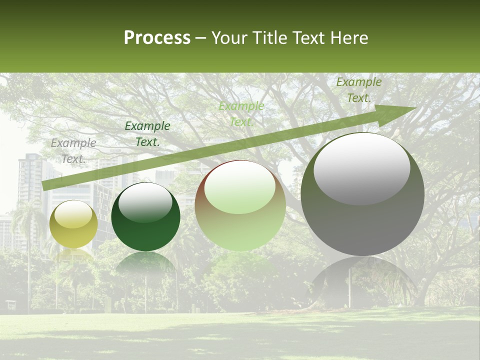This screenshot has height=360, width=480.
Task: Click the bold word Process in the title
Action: coord(157,38)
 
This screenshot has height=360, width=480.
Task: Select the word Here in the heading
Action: coord(350,38)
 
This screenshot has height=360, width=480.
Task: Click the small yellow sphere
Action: coord(73,225)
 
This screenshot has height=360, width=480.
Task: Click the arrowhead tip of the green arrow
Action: coord(414,108)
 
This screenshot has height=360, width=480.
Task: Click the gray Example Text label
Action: coord(73,150)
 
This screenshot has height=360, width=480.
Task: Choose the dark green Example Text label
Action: coord(147,133)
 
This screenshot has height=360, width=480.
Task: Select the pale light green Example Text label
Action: coord(241,113)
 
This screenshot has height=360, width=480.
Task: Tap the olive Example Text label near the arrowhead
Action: coord(358,89)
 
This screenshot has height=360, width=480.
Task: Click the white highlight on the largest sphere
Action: coord(361,167)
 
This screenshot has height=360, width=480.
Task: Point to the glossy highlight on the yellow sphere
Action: coord(73,214)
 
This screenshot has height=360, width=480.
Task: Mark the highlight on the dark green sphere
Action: coord(145,203)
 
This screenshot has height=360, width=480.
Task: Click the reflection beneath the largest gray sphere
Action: coord(362,280)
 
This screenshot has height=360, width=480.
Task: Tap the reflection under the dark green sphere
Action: coord(145,265)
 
